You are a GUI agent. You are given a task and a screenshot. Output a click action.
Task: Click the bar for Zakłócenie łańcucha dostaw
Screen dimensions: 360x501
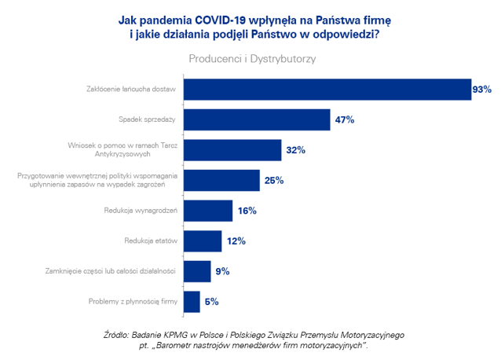[326, 89]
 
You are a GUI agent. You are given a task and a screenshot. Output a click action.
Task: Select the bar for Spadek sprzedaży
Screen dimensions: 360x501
[256, 119]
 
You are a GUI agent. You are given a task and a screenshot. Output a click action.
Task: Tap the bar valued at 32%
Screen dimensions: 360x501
[232, 149]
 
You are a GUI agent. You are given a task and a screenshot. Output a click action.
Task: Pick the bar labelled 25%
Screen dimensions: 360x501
[221, 180]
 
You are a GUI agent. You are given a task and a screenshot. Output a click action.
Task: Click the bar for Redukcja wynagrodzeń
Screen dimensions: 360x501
[207, 211]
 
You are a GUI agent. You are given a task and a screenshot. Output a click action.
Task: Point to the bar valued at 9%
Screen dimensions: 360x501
[196, 271]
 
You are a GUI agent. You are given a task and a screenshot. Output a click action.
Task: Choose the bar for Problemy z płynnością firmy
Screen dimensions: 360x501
[191, 301]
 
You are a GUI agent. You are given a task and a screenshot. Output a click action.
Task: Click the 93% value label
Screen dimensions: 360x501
[481, 90]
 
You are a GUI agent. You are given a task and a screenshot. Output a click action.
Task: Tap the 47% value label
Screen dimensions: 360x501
[345, 119]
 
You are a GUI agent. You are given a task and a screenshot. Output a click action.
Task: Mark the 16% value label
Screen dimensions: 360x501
[247, 211]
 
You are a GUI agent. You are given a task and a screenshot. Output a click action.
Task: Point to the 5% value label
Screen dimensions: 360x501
[211, 301]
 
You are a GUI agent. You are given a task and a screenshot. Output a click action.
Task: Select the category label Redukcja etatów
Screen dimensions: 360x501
[149, 241]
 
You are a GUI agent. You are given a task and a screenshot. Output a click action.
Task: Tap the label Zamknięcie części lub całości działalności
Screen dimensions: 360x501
[114, 271]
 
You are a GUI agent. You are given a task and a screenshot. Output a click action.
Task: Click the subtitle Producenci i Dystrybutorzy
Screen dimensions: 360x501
[251, 58]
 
